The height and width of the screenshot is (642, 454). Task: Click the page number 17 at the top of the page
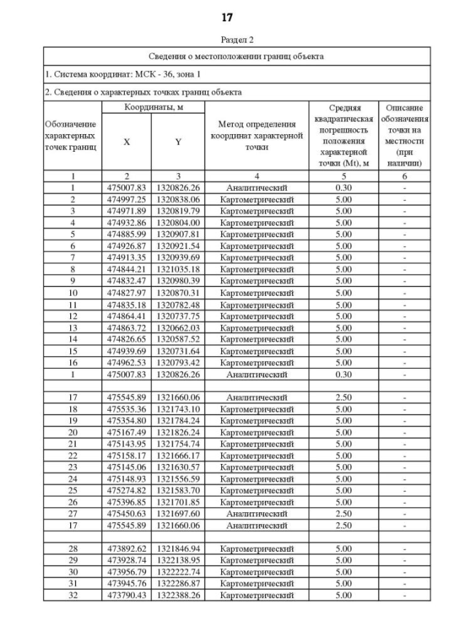(x=227, y=16)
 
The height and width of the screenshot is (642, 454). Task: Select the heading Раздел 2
(x=227, y=40)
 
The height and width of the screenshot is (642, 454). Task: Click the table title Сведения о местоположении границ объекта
(x=236, y=55)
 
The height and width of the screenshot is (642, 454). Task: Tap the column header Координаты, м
(x=153, y=106)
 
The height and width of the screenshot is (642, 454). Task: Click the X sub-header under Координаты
(x=127, y=142)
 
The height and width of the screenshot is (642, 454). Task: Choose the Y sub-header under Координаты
(x=178, y=142)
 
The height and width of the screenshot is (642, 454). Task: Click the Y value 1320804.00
(x=178, y=223)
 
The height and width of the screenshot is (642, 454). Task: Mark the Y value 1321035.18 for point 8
(x=178, y=269)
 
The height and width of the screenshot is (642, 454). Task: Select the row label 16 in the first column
(x=72, y=362)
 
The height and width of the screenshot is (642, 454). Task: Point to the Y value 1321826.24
(x=178, y=433)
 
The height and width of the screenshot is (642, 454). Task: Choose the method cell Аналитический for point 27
(x=257, y=514)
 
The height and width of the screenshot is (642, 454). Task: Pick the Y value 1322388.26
(x=178, y=595)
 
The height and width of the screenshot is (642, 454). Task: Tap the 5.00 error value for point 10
(x=343, y=292)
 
